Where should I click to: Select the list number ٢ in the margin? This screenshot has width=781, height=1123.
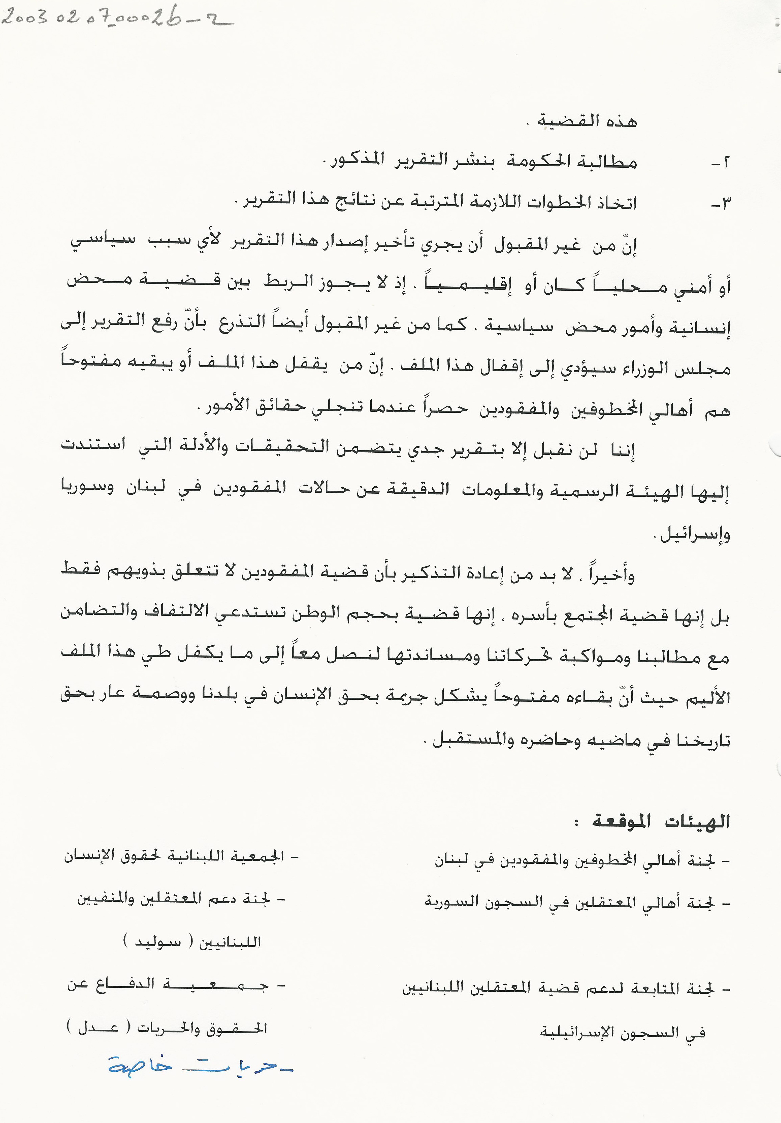coord(720,163)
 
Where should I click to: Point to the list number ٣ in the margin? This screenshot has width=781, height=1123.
coord(720,203)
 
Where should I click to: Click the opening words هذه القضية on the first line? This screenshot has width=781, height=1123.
coord(587,121)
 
